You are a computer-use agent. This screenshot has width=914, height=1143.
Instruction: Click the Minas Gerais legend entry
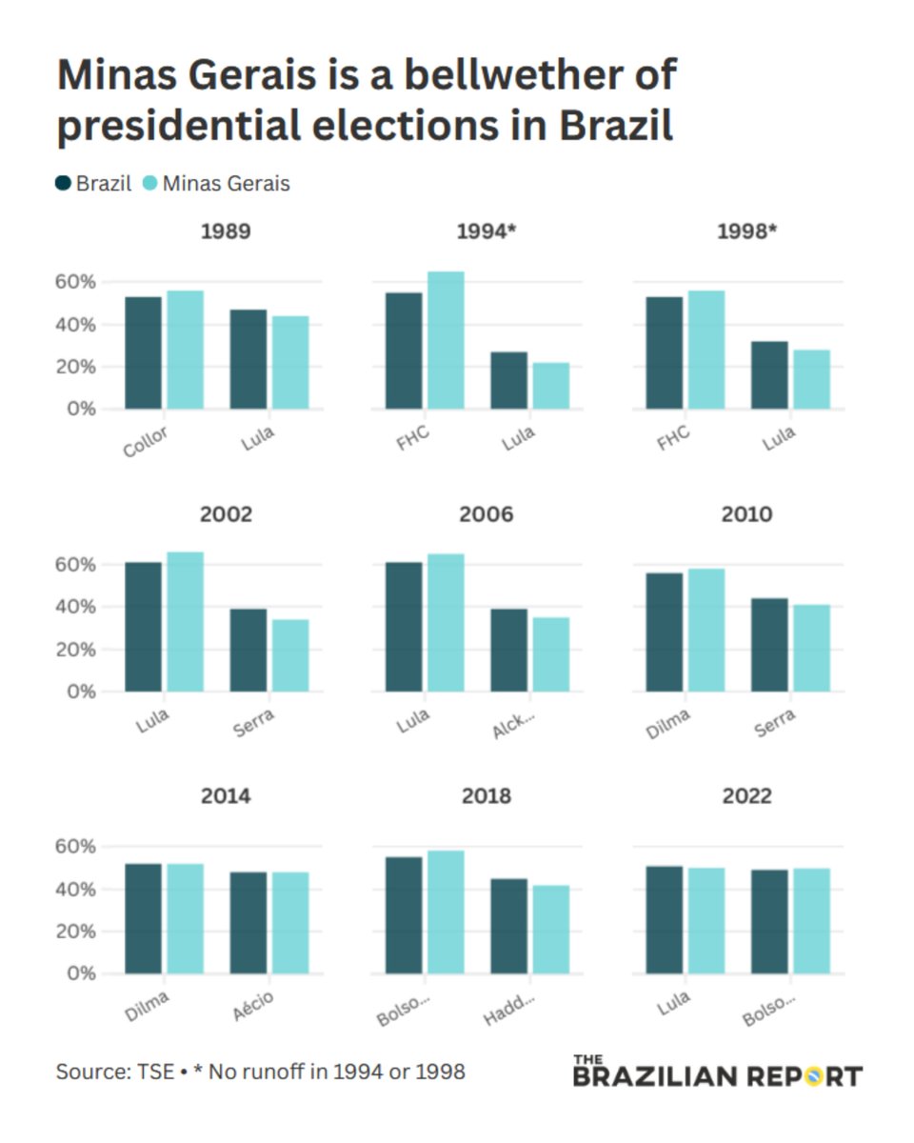click(x=225, y=184)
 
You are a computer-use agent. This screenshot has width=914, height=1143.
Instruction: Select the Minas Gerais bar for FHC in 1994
click(x=446, y=341)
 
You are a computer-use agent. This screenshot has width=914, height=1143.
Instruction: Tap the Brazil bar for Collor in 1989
click(x=143, y=353)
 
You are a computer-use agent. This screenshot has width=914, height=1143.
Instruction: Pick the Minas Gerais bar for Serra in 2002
click(x=290, y=655)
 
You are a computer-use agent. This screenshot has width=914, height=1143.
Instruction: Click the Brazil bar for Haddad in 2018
click(x=508, y=926)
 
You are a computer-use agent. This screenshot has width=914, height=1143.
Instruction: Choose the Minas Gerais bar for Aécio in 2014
click(x=290, y=923)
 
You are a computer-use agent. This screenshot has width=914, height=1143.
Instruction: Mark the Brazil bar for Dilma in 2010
click(x=664, y=632)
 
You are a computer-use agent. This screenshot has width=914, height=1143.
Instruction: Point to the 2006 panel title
click(x=487, y=514)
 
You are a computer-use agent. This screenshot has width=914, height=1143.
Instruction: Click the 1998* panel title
click(x=746, y=231)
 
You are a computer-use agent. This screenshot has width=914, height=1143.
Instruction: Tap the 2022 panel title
click(x=746, y=796)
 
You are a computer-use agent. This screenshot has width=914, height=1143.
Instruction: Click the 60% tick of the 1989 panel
click(x=76, y=282)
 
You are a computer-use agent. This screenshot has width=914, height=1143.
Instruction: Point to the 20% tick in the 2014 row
click(x=76, y=932)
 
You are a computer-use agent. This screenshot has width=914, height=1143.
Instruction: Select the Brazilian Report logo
click(x=717, y=1072)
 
